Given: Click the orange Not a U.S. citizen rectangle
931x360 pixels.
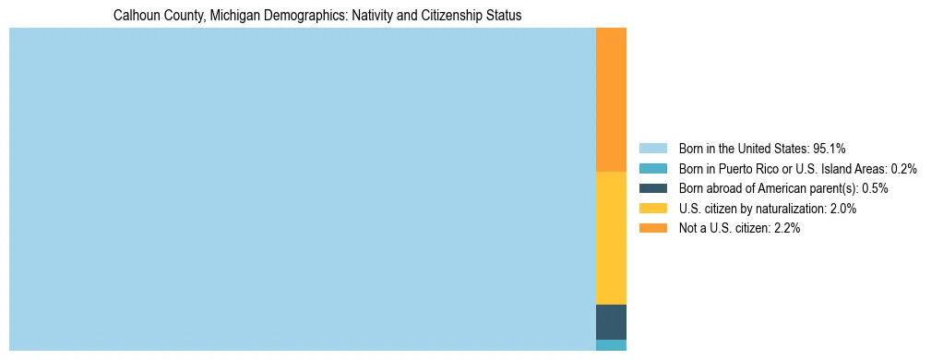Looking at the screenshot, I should [611, 100].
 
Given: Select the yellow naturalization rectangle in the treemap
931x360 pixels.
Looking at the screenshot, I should [611, 238].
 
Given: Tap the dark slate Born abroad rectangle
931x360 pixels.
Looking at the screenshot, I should [611, 322].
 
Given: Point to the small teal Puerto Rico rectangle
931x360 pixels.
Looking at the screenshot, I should [611, 345].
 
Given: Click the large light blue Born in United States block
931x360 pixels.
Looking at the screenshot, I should [303, 189].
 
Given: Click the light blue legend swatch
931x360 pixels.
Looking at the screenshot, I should [652, 149].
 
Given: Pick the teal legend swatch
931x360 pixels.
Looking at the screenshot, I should [652, 169].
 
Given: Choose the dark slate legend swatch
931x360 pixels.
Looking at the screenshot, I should [652, 188].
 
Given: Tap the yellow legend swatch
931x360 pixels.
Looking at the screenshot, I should [652, 209].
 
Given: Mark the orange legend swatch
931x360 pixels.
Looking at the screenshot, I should [652, 229].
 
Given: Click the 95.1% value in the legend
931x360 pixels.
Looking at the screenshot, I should [830, 149].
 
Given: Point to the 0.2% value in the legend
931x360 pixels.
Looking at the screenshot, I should [903, 169].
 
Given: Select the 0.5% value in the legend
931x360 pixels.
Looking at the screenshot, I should [876, 188].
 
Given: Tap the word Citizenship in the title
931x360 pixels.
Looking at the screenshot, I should [454, 16].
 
